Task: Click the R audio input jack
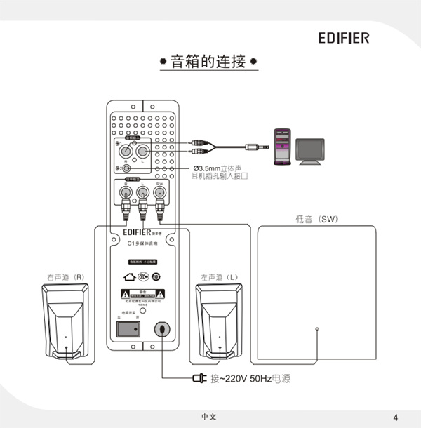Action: [126, 151]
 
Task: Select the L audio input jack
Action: [142, 151]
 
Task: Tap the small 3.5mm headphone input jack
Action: [126, 168]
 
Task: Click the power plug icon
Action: [199, 380]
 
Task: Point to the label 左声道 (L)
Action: [219, 277]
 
